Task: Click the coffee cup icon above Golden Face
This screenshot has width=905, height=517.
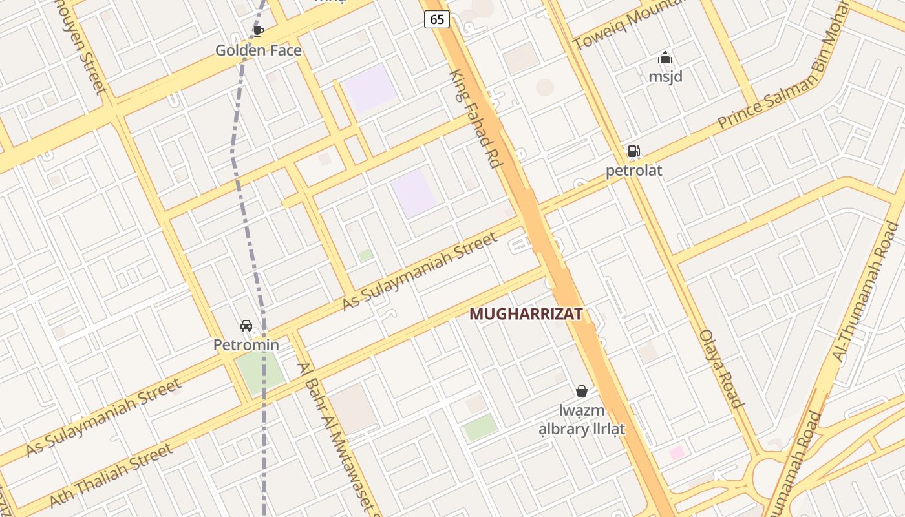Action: (259, 31)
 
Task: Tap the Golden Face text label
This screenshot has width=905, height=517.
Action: (259, 50)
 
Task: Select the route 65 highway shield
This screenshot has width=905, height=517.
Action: (437, 19)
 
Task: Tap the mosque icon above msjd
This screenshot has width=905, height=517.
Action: (665, 58)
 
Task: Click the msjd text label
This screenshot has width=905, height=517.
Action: (665, 77)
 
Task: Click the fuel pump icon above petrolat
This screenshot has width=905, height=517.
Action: (633, 152)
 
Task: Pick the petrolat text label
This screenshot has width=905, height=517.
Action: (633, 171)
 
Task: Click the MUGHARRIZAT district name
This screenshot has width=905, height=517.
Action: (526, 314)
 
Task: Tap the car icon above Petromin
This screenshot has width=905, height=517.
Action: (246, 326)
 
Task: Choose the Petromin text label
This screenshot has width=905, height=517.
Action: (246, 344)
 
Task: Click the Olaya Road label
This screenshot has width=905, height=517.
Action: (721, 368)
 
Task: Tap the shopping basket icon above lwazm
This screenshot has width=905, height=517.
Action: (582, 391)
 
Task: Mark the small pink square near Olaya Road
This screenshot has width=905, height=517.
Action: (677, 452)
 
